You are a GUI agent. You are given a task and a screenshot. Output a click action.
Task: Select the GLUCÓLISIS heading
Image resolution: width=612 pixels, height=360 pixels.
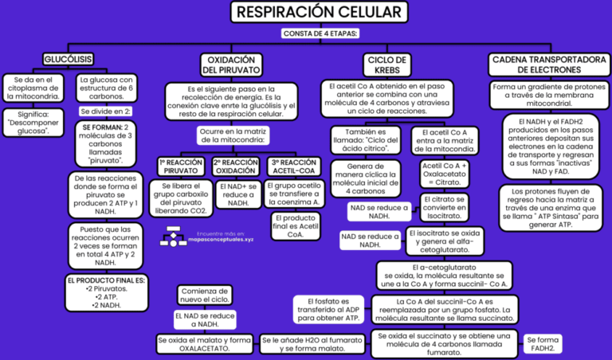pyautogui.click(x=68, y=58)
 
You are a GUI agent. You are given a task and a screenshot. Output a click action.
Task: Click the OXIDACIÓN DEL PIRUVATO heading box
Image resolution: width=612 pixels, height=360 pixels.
pyautogui.click(x=230, y=65)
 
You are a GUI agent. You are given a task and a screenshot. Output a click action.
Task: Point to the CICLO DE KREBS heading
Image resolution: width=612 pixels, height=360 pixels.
pyautogui.click(x=389, y=65)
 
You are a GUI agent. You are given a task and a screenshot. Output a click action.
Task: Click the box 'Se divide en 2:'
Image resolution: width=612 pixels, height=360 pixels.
pyautogui.click(x=106, y=111)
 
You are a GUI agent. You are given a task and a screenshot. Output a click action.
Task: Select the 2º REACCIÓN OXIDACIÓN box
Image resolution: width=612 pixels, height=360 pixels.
pyautogui.click(x=235, y=166)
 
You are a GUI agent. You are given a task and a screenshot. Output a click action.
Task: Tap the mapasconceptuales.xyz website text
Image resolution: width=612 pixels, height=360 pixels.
pyautogui.click(x=223, y=239)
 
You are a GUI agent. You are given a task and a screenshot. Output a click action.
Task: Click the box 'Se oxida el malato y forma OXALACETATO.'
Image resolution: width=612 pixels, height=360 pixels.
pyautogui.click(x=204, y=344)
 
